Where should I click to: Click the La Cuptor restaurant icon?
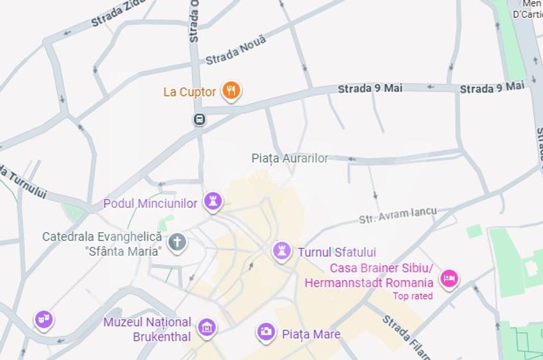(x=231, y=91)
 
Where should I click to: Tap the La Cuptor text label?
(x=189, y=92)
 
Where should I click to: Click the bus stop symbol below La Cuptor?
(x=200, y=119)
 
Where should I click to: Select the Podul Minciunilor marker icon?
(x=212, y=201)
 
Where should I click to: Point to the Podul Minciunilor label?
(x=150, y=203)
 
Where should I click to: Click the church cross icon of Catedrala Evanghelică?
(x=177, y=242)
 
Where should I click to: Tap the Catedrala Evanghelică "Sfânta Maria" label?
(x=102, y=244)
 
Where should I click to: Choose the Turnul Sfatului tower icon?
(x=281, y=251)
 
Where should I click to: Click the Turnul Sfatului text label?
(x=337, y=253)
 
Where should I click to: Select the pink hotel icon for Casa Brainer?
(x=449, y=278)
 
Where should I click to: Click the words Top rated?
(x=413, y=296)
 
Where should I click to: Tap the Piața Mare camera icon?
(x=266, y=332)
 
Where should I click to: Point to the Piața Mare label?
(x=311, y=334)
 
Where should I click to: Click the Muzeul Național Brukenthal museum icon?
(x=207, y=328)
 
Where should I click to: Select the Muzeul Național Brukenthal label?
(x=148, y=329)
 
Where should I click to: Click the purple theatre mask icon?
(x=43, y=318)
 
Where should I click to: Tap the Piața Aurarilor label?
(x=290, y=158)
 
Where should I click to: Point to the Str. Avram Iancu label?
(x=397, y=215)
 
